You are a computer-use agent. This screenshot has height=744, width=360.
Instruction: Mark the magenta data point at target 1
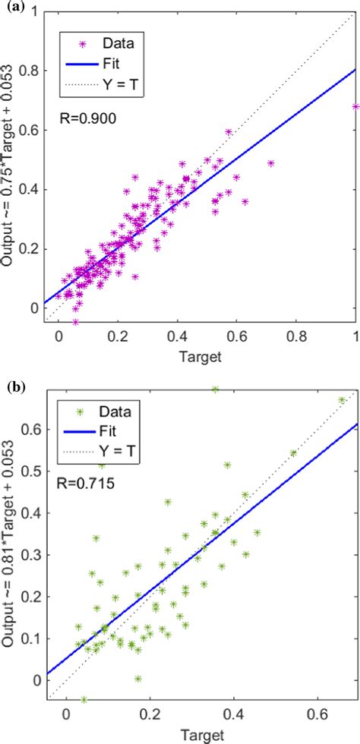pyautogui.click(x=355, y=107)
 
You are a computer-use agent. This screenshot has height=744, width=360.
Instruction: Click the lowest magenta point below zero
pyautogui.click(x=75, y=322)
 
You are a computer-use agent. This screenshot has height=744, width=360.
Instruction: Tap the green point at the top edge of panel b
pyautogui.click(x=215, y=389)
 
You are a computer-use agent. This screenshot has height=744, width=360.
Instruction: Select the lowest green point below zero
pyautogui.click(x=84, y=699)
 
